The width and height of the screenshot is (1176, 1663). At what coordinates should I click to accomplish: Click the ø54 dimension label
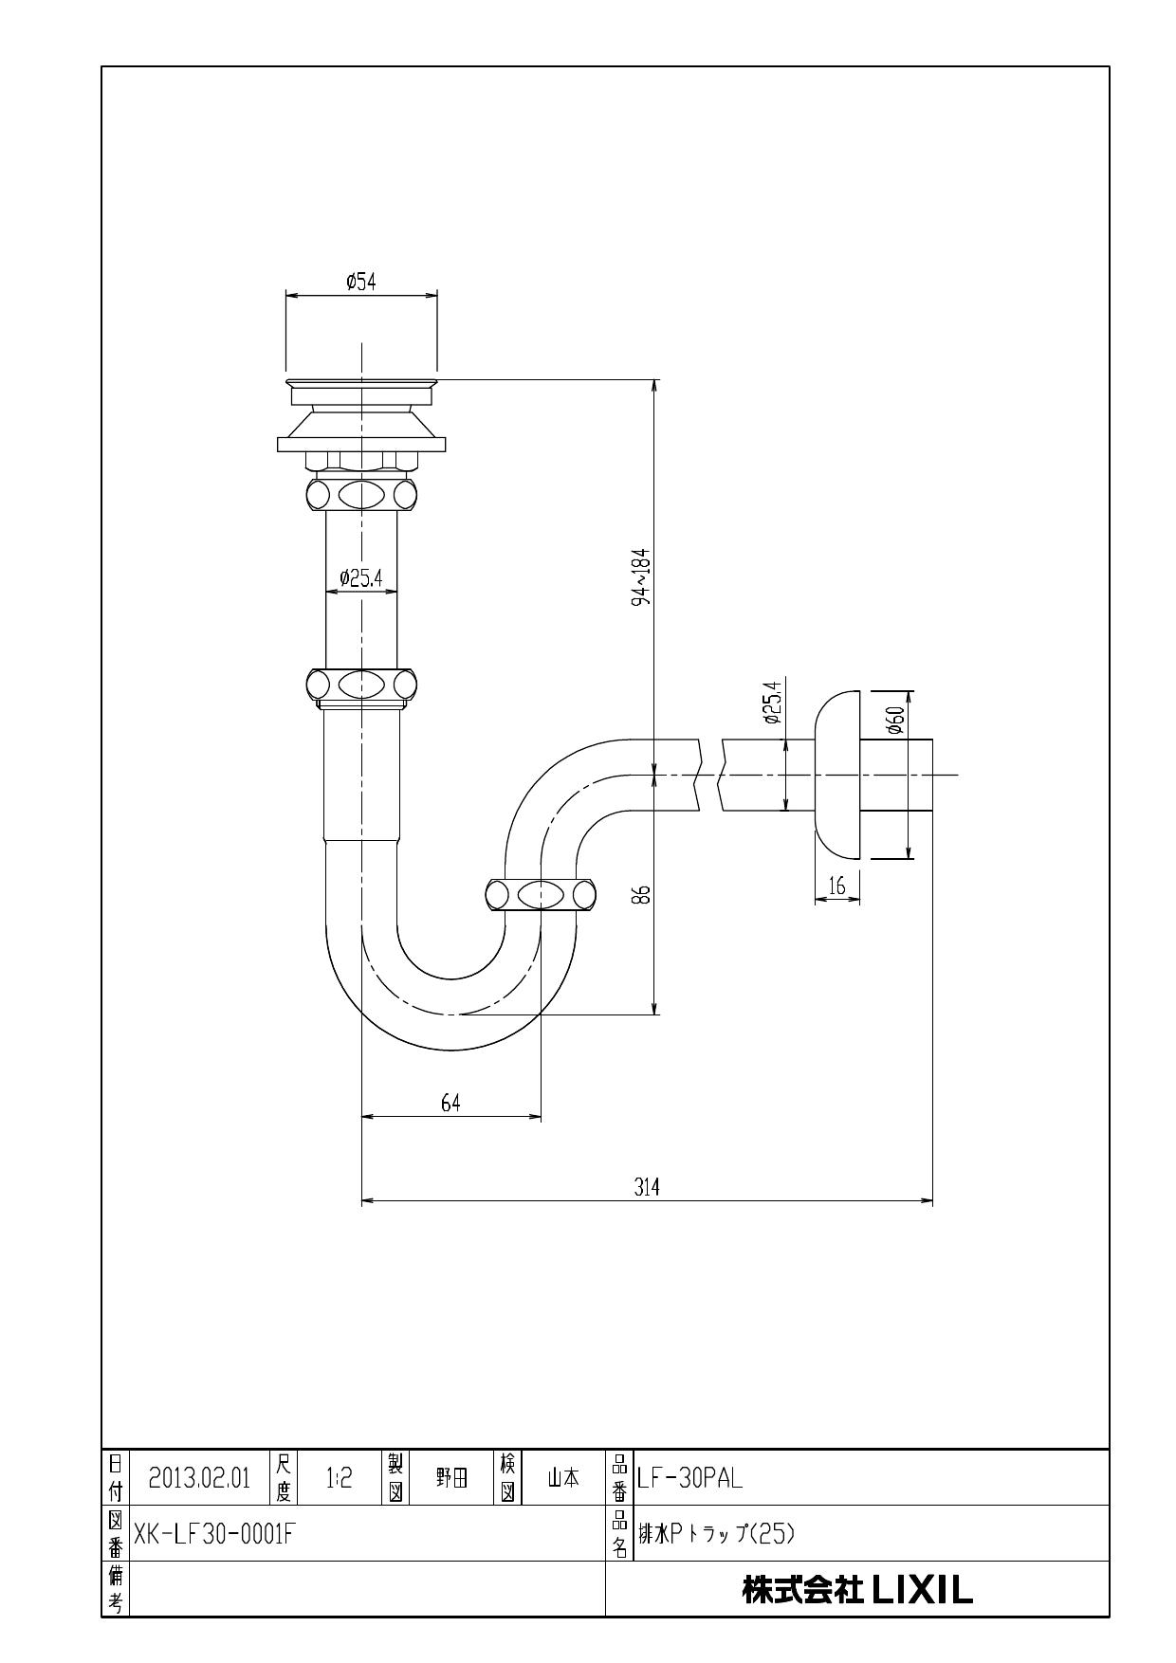[x=361, y=282]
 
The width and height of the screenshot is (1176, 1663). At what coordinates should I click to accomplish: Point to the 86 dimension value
[x=642, y=894]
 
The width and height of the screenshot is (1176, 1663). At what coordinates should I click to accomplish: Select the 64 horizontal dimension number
[x=450, y=1103]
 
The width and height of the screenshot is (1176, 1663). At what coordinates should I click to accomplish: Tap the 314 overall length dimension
[x=647, y=1187]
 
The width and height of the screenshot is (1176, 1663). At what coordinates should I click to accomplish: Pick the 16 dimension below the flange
[x=836, y=887]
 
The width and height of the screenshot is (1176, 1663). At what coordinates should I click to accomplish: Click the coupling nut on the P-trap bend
[x=541, y=895]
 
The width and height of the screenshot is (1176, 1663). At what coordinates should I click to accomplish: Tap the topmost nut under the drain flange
[x=361, y=493]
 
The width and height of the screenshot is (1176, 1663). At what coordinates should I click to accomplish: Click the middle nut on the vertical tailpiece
[x=361, y=684]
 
